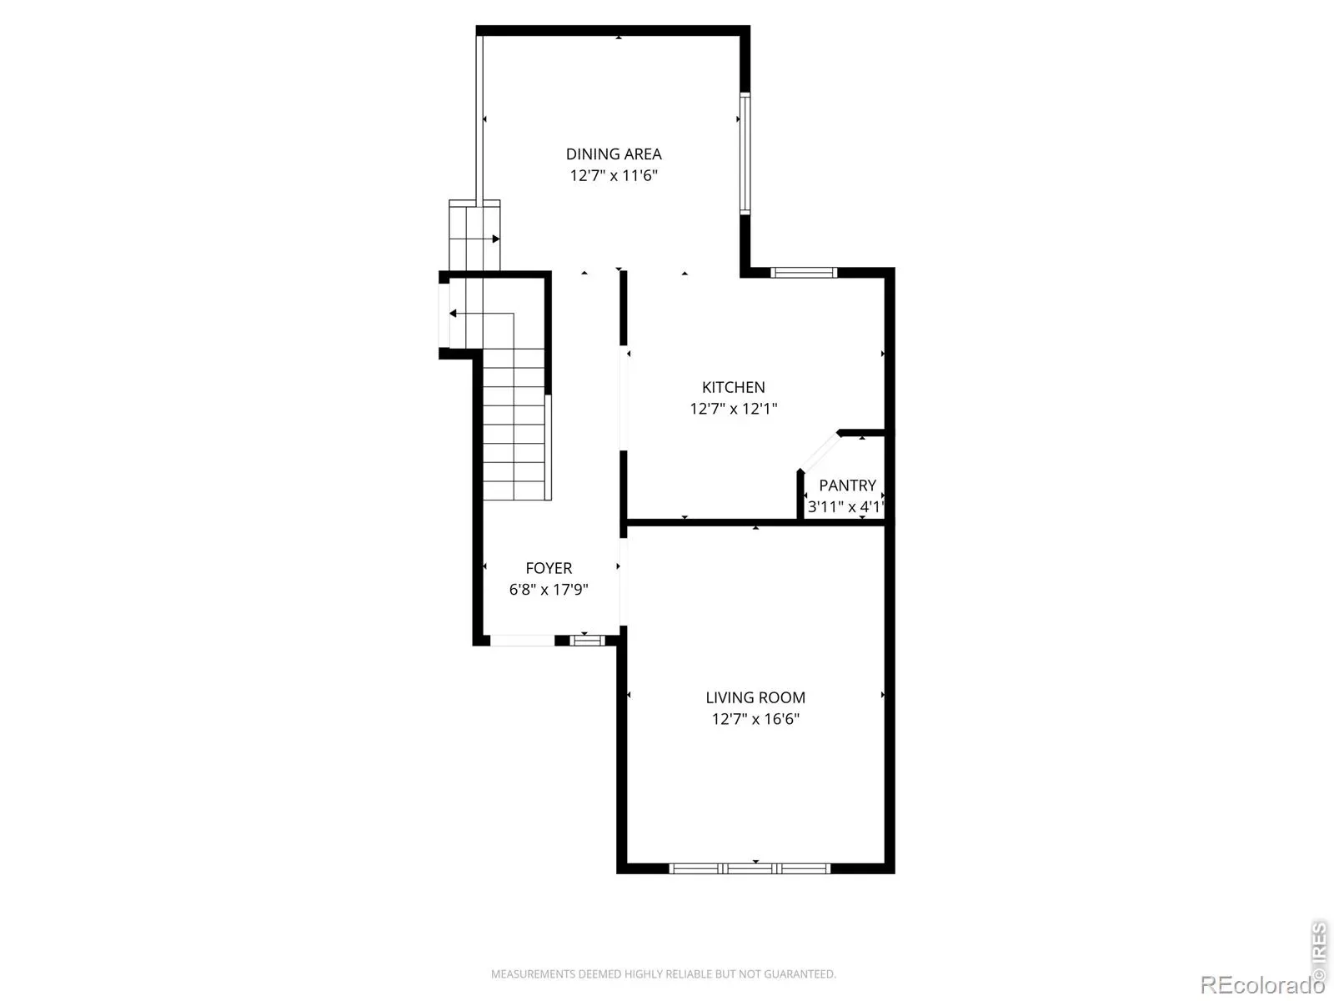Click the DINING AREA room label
[x=613, y=153]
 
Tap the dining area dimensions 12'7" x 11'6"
[x=613, y=176]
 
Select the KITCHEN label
[x=733, y=387]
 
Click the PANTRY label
[x=847, y=485]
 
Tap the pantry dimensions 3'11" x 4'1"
[x=845, y=507]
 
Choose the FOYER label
[x=549, y=568]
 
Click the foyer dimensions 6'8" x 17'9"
[x=549, y=590]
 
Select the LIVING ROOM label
[x=755, y=697]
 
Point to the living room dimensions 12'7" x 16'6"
[x=755, y=719]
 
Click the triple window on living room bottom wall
[x=750, y=868]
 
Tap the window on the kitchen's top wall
[x=804, y=273]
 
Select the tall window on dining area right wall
[x=745, y=153]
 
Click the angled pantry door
[x=820, y=451]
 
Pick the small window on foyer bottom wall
[x=587, y=640]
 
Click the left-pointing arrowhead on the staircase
[x=453, y=314]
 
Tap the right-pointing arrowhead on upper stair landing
[x=496, y=239]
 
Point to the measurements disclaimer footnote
[x=663, y=973]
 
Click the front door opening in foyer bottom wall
[x=522, y=641]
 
